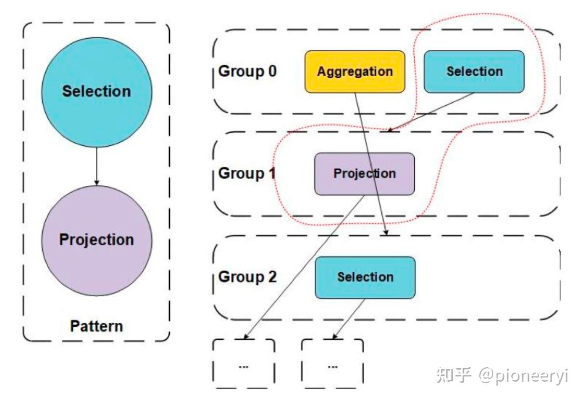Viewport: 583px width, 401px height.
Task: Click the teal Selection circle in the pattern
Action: (x=97, y=92)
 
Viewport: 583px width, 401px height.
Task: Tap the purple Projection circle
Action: (x=97, y=241)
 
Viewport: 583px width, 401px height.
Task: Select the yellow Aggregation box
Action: (x=355, y=71)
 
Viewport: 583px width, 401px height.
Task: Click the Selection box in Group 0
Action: (x=474, y=71)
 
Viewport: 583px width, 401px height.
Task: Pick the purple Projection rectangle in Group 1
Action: (x=365, y=174)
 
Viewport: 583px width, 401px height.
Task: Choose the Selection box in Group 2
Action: (x=365, y=277)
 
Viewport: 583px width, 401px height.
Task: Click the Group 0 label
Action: (x=247, y=71)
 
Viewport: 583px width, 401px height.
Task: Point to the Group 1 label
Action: (x=247, y=174)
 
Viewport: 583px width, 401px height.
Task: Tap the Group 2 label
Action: (x=247, y=277)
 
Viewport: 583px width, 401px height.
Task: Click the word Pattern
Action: (x=96, y=326)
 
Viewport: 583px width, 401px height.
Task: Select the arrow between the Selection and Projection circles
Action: (x=97, y=166)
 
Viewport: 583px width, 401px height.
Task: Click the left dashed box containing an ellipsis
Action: (x=244, y=363)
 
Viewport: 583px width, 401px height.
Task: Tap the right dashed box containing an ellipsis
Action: (x=332, y=363)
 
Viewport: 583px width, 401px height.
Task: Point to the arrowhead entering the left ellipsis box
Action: (x=246, y=336)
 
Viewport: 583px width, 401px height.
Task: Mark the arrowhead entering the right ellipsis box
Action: (x=335, y=336)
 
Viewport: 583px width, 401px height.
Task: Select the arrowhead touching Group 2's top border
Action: (x=386, y=233)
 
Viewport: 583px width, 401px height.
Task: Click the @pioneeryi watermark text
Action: (x=524, y=376)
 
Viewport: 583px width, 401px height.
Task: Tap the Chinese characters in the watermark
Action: (x=454, y=375)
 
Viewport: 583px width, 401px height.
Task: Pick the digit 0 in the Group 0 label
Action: (x=272, y=71)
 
